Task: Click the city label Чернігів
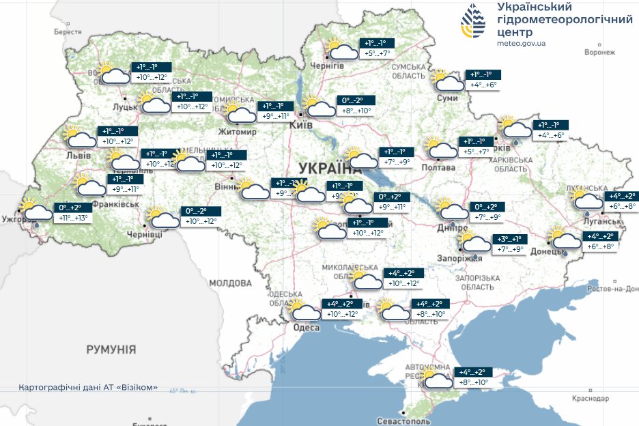tap(326, 66)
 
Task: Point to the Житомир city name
tap(236, 131)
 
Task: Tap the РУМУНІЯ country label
tap(111, 350)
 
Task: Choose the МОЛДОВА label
tap(230, 283)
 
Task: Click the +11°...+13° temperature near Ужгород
tap(72, 218)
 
